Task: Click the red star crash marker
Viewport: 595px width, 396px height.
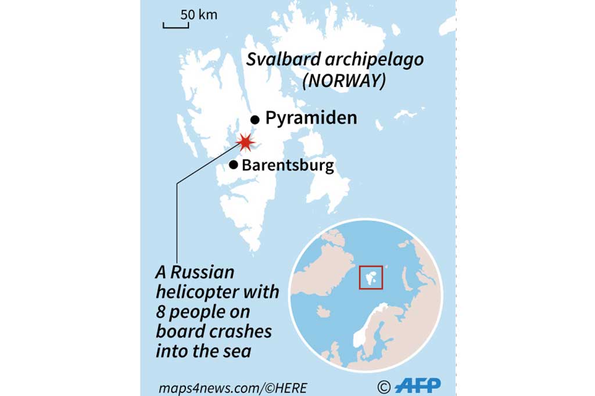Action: (x=246, y=142)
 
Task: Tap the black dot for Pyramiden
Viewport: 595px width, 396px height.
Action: (x=255, y=120)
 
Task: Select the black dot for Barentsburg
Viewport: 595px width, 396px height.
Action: (x=234, y=165)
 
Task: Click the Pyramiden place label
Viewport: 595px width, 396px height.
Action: (x=311, y=118)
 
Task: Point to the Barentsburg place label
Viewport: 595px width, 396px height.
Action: (x=288, y=165)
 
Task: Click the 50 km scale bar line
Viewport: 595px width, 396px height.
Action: (x=173, y=26)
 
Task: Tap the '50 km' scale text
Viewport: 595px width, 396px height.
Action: (x=199, y=15)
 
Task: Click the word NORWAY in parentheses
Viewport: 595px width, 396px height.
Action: (x=345, y=81)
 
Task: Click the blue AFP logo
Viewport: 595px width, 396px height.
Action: (x=417, y=385)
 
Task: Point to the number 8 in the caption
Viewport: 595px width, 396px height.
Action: (x=161, y=312)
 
